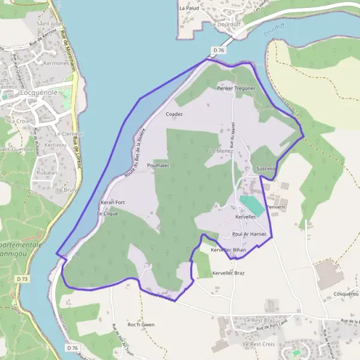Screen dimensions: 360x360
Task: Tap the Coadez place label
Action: (x=174, y=113)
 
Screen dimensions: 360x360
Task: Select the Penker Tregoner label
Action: (x=236, y=88)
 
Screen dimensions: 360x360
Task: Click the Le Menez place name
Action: (x=220, y=152)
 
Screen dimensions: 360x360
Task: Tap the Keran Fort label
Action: (x=113, y=202)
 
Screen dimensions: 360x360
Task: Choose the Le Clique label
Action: (x=107, y=213)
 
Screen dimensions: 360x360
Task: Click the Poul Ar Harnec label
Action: (x=248, y=234)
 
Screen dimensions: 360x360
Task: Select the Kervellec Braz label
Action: (x=229, y=273)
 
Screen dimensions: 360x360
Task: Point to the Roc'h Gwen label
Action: (x=141, y=325)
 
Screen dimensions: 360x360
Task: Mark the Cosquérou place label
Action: (x=346, y=293)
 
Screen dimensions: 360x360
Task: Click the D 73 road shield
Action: (x=23, y=279)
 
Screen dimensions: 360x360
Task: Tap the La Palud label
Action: (x=189, y=9)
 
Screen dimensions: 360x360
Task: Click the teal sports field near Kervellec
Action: (x=252, y=204)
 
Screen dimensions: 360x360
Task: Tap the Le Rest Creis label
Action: (x=259, y=345)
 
